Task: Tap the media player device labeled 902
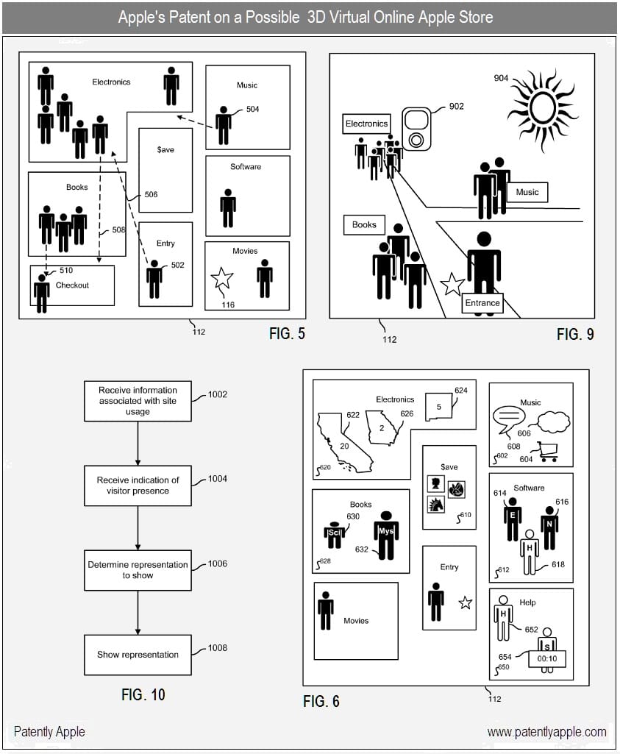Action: pyautogui.click(x=416, y=129)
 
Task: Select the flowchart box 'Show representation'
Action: pyautogui.click(x=138, y=655)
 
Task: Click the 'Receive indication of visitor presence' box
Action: pyautogui.click(x=138, y=486)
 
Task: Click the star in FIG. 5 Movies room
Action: pyautogui.click(x=221, y=279)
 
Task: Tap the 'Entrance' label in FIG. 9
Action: pyautogui.click(x=482, y=302)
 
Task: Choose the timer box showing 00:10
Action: pyautogui.click(x=546, y=659)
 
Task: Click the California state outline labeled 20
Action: pyautogui.click(x=343, y=441)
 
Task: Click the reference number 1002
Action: pyautogui.click(x=217, y=394)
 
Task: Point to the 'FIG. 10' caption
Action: pyautogui.click(x=143, y=694)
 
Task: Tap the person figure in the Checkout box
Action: pyautogui.click(x=42, y=293)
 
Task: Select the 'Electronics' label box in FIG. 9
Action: pyautogui.click(x=366, y=124)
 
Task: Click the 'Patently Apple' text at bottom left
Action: pyautogui.click(x=49, y=731)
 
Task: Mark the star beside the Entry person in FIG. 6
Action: pyautogui.click(x=465, y=603)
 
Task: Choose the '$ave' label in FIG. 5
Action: pyautogui.click(x=165, y=149)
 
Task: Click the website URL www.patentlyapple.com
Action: pyautogui.click(x=546, y=731)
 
